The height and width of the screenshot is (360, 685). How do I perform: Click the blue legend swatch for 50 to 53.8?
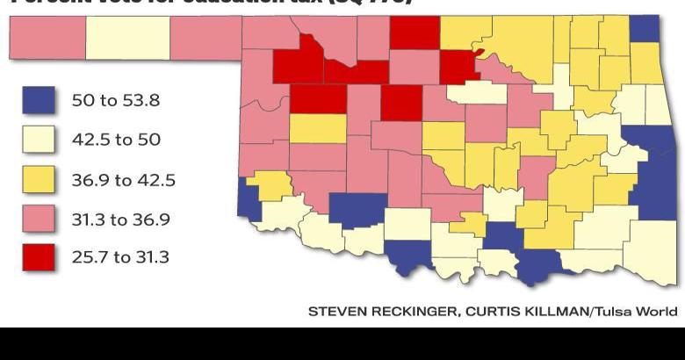(x=39, y=100)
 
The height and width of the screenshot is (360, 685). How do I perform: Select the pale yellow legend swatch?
(x=39, y=140)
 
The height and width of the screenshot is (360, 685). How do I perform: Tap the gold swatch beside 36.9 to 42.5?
(x=39, y=179)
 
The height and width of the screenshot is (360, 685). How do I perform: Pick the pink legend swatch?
(x=39, y=219)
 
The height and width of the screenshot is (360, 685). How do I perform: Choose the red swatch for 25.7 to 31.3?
(x=39, y=258)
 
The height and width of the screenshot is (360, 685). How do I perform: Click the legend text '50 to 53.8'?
(x=115, y=100)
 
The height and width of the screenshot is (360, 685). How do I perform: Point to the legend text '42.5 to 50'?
(x=116, y=140)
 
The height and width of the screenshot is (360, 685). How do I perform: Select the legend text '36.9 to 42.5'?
(x=123, y=180)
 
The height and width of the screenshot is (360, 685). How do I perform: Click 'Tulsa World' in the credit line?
(x=638, y=312)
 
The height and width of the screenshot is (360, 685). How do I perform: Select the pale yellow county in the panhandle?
(x=127, y=37)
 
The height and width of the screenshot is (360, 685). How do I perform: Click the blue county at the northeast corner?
(x=645, y=28)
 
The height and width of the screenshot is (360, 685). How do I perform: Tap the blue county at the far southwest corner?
(x=249, y=198)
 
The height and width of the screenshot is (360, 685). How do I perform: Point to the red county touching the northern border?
(x=414, y=32)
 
